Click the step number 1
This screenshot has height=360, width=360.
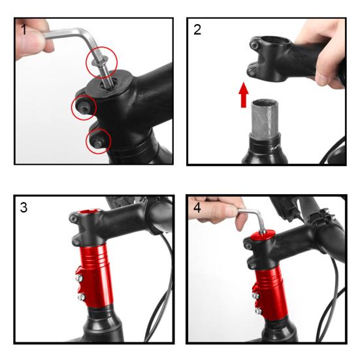pos(24,29)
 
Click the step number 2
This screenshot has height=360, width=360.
pos(197,29)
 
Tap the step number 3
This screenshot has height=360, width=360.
pos(24,207)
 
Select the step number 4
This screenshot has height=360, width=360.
pos(197,207)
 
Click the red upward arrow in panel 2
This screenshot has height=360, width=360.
pos(243,95)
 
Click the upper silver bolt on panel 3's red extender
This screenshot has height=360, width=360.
pos(79,278)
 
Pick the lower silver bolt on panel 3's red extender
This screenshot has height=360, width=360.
pos(81,297)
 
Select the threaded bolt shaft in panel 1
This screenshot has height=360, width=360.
pos(106,74)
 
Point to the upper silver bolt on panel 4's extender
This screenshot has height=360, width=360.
pos(255,295)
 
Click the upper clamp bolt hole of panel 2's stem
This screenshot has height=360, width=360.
pos(254,45)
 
